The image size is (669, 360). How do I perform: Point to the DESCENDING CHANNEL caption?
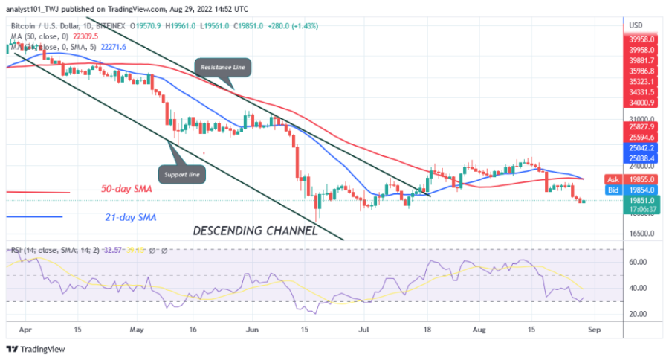click(255, 231)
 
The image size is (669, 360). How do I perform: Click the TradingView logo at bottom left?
click(38, 349)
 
